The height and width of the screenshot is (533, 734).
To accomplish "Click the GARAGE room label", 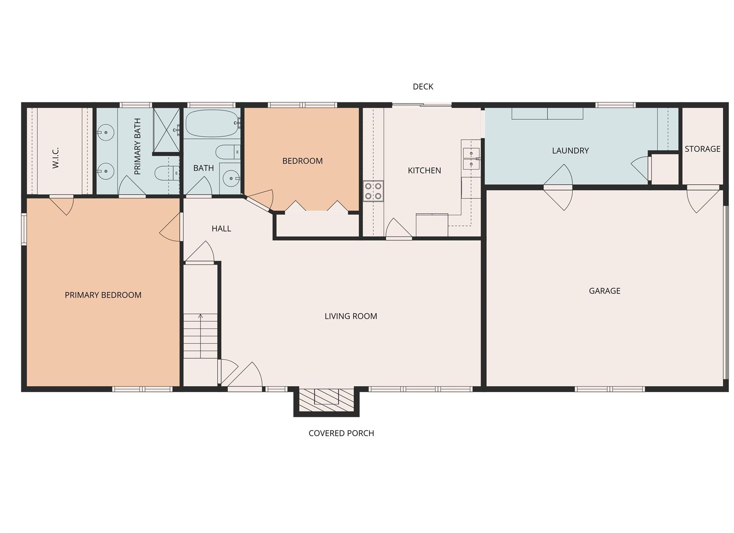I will point(604,291).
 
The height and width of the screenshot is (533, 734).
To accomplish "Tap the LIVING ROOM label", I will point(351,316).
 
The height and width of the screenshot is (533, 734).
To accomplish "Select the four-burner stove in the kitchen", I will point(373,191).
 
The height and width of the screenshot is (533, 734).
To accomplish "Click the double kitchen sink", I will point(471,159).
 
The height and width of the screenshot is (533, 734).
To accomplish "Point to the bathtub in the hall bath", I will point(212,123).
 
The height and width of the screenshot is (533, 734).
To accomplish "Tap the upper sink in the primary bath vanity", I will point(105,133).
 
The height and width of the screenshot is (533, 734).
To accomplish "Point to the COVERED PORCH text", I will point(341,433).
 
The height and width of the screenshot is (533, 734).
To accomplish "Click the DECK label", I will point(423,86).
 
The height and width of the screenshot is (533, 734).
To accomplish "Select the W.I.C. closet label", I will point(56,158).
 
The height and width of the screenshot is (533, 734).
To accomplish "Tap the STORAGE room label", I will point(702,149).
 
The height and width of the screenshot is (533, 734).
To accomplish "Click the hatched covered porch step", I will point(326,400).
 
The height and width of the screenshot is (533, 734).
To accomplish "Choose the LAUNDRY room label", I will point(570,151).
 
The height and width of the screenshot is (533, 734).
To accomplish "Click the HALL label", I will point(221,228).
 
